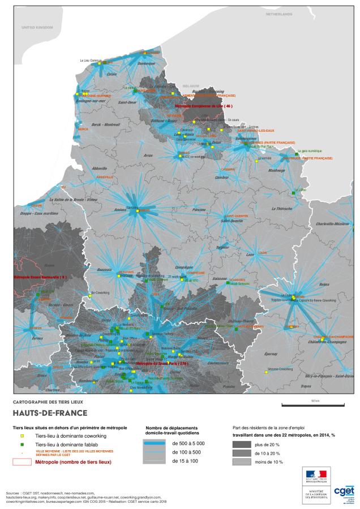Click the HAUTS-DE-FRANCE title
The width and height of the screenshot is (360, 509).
point(50,412)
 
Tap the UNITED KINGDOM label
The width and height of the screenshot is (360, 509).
point(37,27)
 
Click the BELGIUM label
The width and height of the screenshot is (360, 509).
point(191,86)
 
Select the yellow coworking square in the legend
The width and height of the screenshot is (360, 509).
point(22,436)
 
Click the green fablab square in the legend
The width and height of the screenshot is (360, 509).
point(22,445)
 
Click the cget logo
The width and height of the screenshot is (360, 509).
point(344,490)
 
